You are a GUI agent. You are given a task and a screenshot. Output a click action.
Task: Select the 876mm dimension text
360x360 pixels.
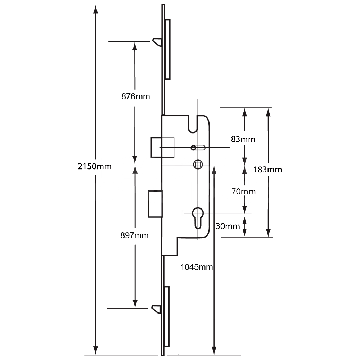pos(135,96)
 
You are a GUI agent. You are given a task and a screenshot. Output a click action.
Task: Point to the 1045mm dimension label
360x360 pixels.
pos(197,267)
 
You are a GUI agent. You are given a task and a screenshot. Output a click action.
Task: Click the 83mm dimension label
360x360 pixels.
pos(243,139)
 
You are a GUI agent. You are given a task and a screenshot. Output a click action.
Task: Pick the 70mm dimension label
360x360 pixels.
pos(243,192)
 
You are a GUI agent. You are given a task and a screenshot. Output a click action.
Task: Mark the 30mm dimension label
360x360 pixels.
pos(228,226)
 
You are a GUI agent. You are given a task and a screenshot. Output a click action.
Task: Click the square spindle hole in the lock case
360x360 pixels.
pos(197,165)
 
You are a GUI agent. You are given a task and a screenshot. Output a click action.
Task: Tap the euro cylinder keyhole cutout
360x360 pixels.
pos(198,217)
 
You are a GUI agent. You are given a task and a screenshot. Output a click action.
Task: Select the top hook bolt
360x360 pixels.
pos(157,42)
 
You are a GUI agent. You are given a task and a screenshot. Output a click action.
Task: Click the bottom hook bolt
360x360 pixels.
pos(157,309)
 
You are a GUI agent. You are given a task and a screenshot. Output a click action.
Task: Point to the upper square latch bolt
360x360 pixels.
pos(157,147)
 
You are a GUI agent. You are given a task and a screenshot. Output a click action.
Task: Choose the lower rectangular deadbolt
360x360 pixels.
pos(155,204)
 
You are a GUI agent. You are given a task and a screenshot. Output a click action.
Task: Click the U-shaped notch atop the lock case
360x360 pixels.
pos(193,123)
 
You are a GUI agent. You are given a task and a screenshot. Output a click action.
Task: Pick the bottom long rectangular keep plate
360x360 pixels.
pos(167,316)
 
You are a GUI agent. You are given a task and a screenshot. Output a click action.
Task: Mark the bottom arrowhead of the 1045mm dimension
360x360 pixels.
pos(214,350)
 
